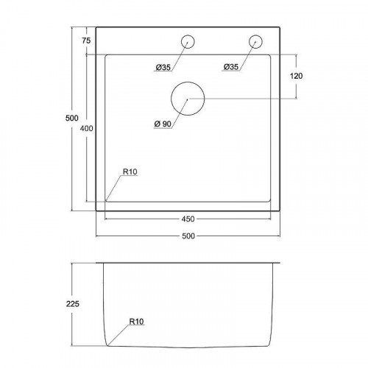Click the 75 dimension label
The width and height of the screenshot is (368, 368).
coord(86,40)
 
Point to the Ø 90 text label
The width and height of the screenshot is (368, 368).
coord(163,124)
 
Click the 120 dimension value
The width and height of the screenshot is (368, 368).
coord(296,76)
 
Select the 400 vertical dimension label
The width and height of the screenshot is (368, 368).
coord(86,128)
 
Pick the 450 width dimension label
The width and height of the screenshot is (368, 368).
coord(188,219)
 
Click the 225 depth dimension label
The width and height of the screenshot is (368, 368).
coord(73,304)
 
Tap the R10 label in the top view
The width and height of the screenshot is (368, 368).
coord(130,171)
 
